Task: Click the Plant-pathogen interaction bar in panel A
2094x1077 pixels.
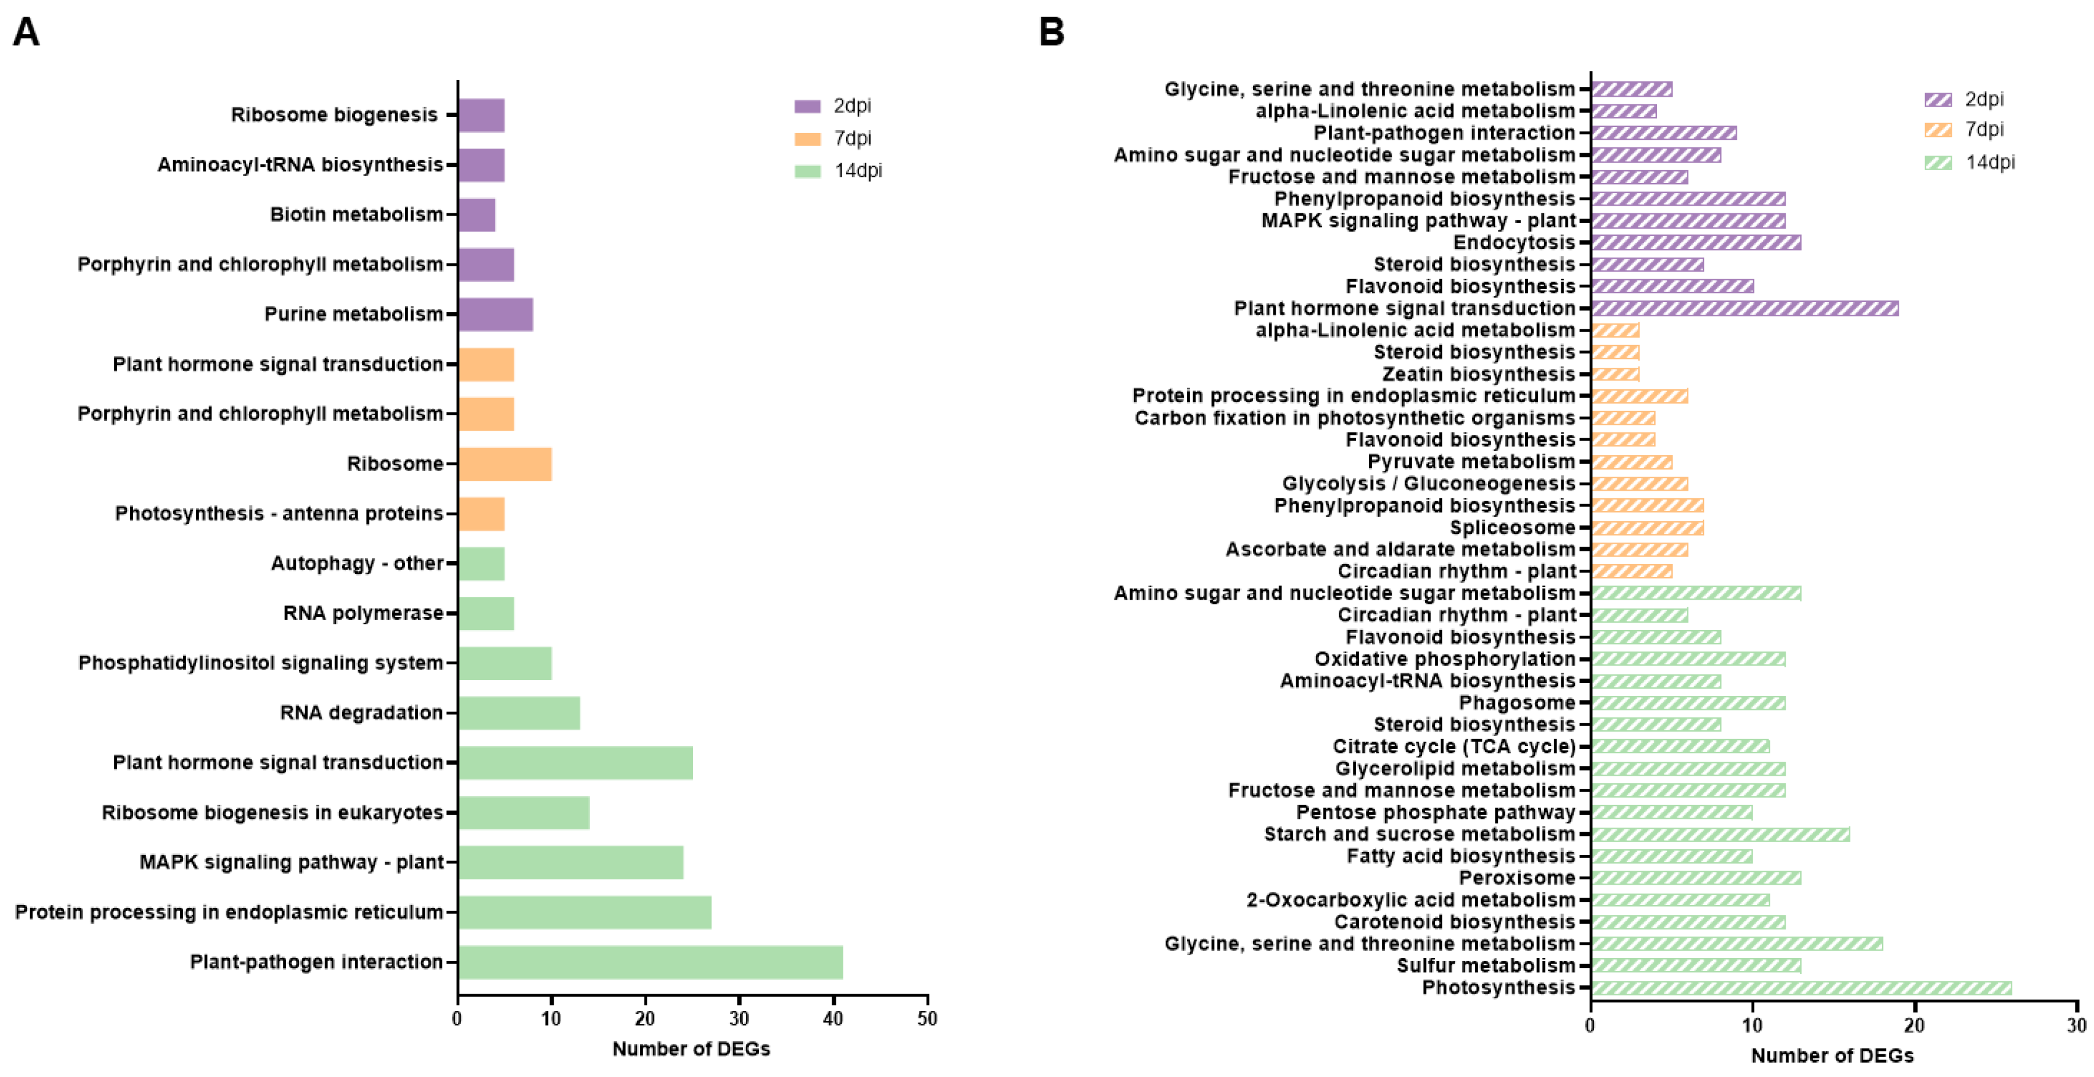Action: pyautogui.click(x=650, y=962)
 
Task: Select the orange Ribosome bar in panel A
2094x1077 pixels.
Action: pyautogui.click(x=505, y=464)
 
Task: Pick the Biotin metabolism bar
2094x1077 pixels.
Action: pyautogui.click(x=476, y=214)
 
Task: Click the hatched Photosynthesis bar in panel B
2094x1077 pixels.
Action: pyautogui.click(x=1800, y=988)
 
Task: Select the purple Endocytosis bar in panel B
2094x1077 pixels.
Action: pyautogui.click(x=1696, y=242)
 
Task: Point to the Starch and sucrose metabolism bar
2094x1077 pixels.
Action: pyautogui.click(x=1720, y=834)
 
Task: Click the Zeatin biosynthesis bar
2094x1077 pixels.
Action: pyautogui.click(x=1615, y=374)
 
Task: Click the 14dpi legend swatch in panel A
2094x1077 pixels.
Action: pyautogui.click(x=807, y=171)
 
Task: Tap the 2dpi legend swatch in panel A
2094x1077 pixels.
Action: pyautogui.click(x=807, y=105)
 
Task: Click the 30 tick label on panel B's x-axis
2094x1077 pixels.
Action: pyautogui.click(x=2076, y=1025)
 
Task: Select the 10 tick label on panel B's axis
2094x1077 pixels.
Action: pyautogui.click(x=1752, y=1025)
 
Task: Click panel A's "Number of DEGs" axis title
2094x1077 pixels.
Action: pyautogui.click(x=691, y=1048)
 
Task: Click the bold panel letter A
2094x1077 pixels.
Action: pyautogui.click(x=26, y=33)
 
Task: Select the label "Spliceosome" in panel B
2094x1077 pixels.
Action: pyautogui.click(x=1512, y=527)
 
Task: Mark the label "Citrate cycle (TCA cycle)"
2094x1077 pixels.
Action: pyautogui.click(x=1454, y=746)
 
